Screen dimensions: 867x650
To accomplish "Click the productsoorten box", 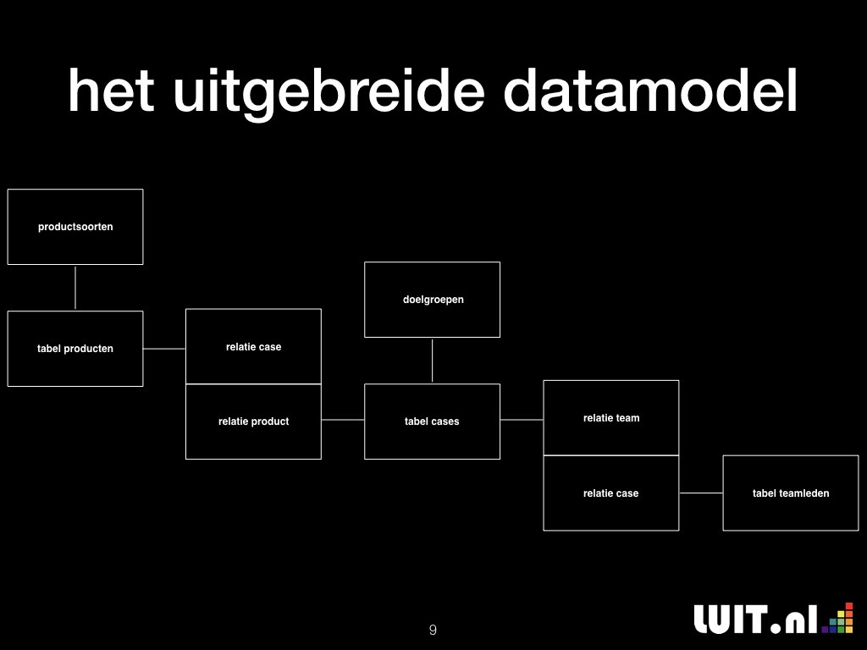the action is click(75, 227).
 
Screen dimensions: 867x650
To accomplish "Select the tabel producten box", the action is click(75, 349).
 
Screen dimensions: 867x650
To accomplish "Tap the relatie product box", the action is click(253, 421).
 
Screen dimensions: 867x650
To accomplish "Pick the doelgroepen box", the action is click(433, 300).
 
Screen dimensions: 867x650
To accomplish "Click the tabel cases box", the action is click(433, 421).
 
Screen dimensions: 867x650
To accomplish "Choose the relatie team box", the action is click(611, 418).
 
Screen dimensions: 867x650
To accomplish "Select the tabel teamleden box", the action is click(791, 493).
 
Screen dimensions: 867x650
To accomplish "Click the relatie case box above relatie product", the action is click(253, 346).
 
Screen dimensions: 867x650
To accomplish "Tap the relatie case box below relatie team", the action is click(611, 493).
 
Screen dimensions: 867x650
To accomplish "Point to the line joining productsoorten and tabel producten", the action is click(75, 288).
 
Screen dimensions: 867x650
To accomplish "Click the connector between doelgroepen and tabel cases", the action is click(433, 361).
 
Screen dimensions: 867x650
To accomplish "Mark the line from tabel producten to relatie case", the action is click(164, 349).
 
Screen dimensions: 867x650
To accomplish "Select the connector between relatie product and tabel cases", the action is click(343, 420).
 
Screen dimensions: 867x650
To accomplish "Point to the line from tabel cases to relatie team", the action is click(522, 420).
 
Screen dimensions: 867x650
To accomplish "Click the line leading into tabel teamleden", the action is click(701, 493).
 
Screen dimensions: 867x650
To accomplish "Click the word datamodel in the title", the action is click(650, 90).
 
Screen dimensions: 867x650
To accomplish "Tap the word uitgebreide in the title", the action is click(329, 93).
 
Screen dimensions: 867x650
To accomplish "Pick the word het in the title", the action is click(111, 90).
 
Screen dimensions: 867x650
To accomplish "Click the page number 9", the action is click(433, 630).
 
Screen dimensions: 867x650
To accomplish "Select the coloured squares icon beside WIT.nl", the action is click(837, 618).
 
